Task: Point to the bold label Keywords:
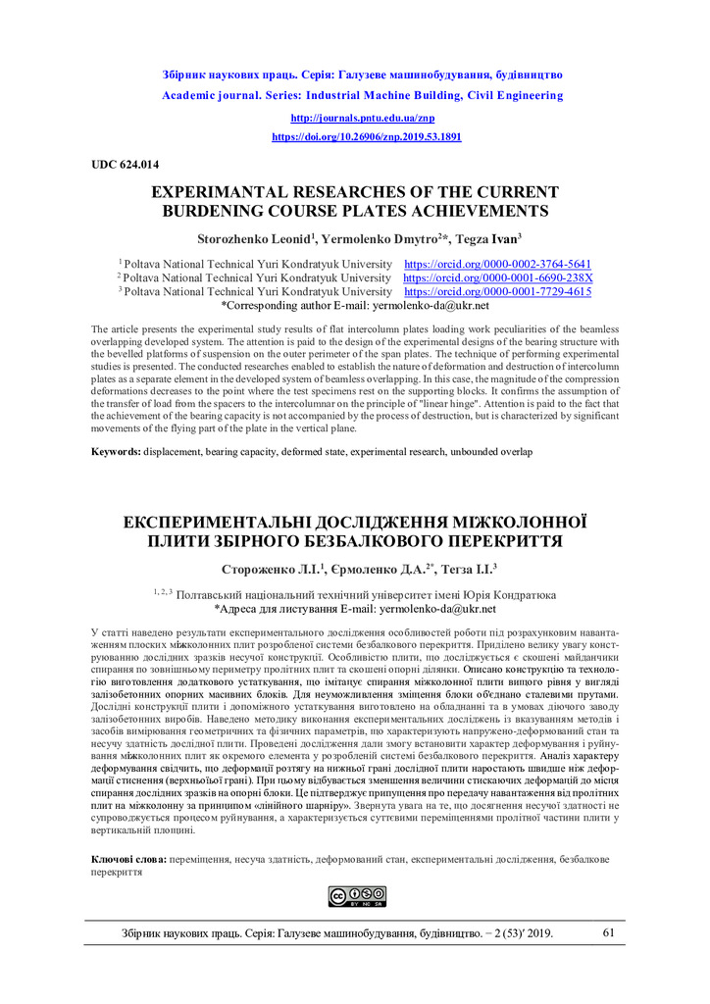116,451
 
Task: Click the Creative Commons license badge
356,896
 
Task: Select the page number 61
609,932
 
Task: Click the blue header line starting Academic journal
362,96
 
